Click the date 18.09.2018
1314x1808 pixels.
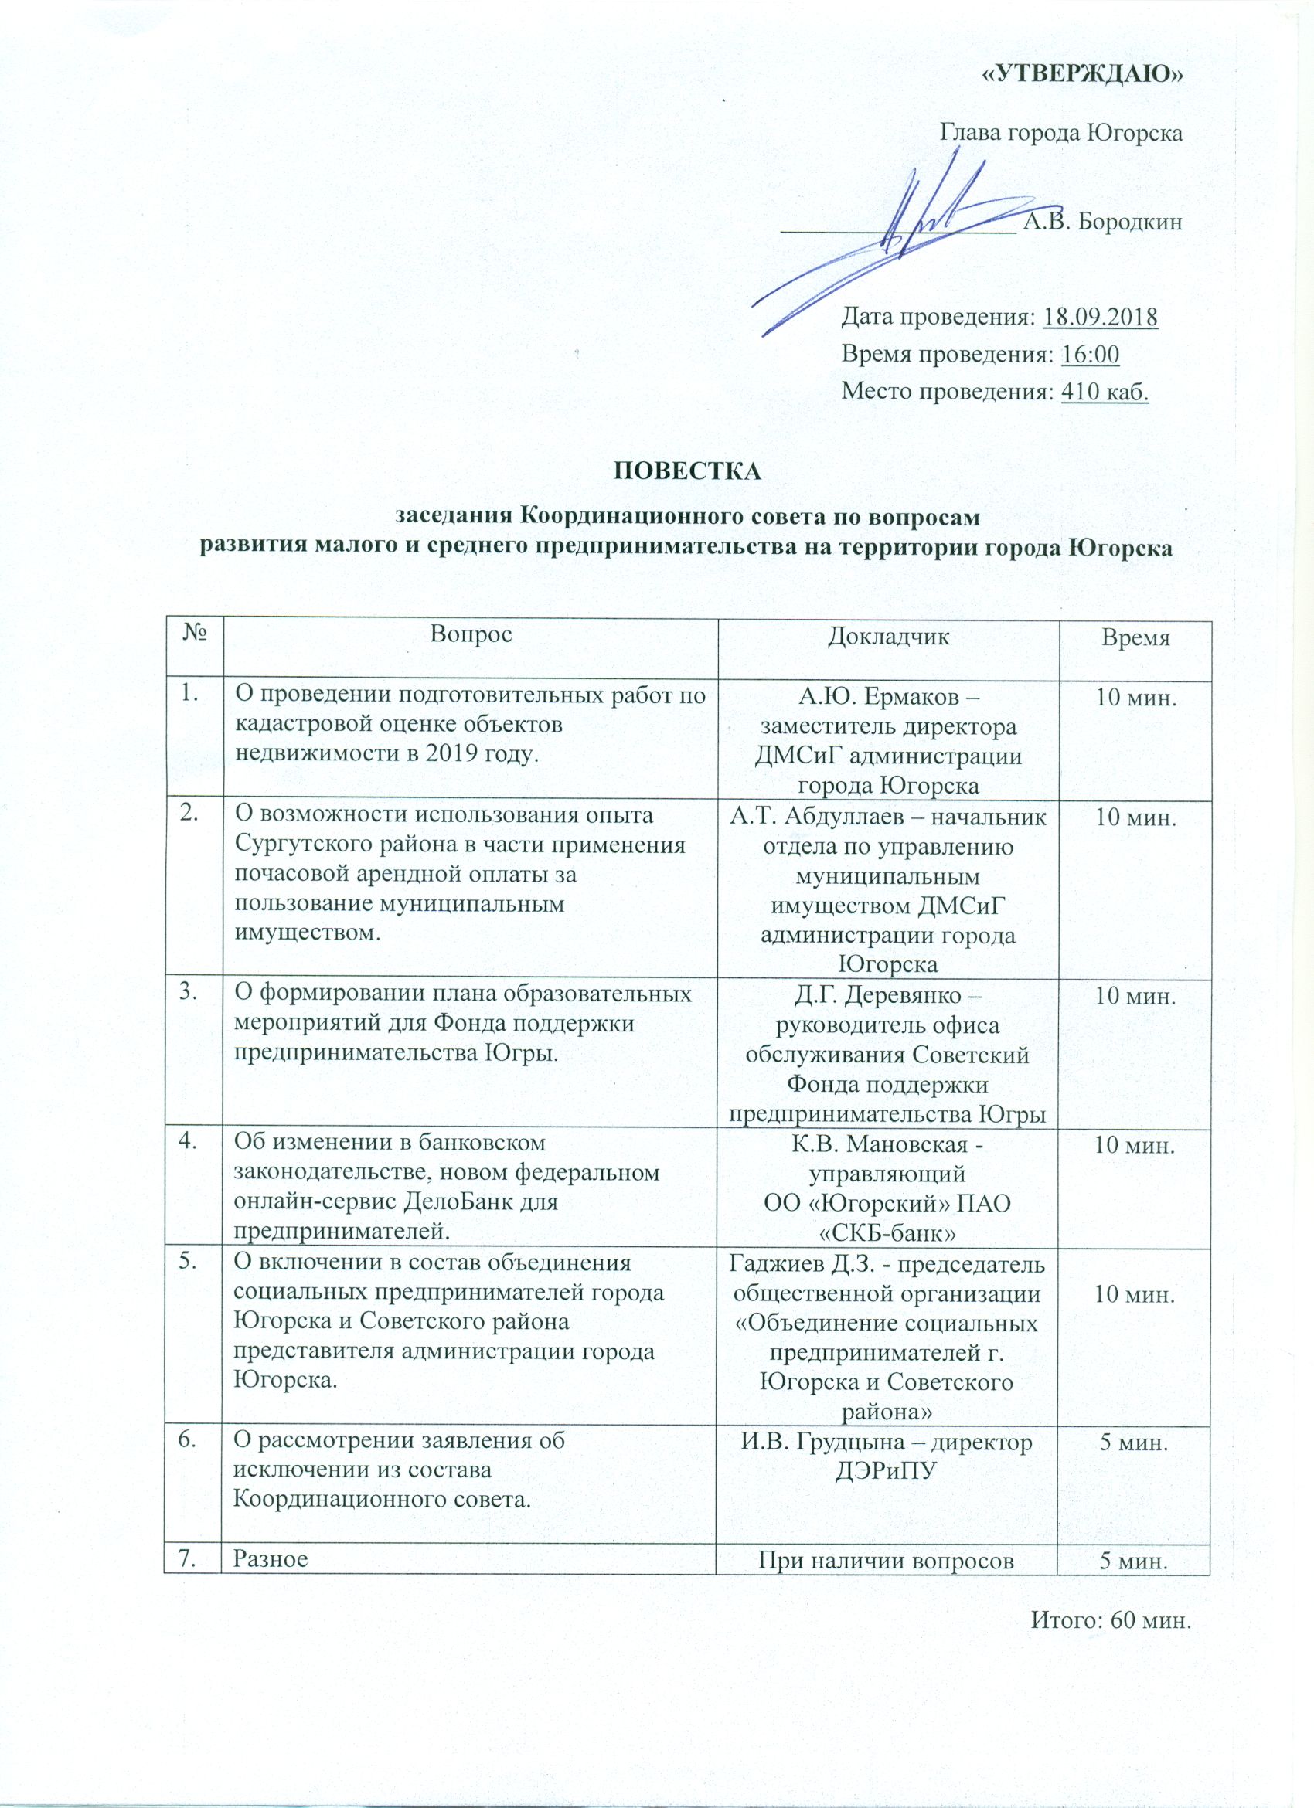tap(1101, 317)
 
